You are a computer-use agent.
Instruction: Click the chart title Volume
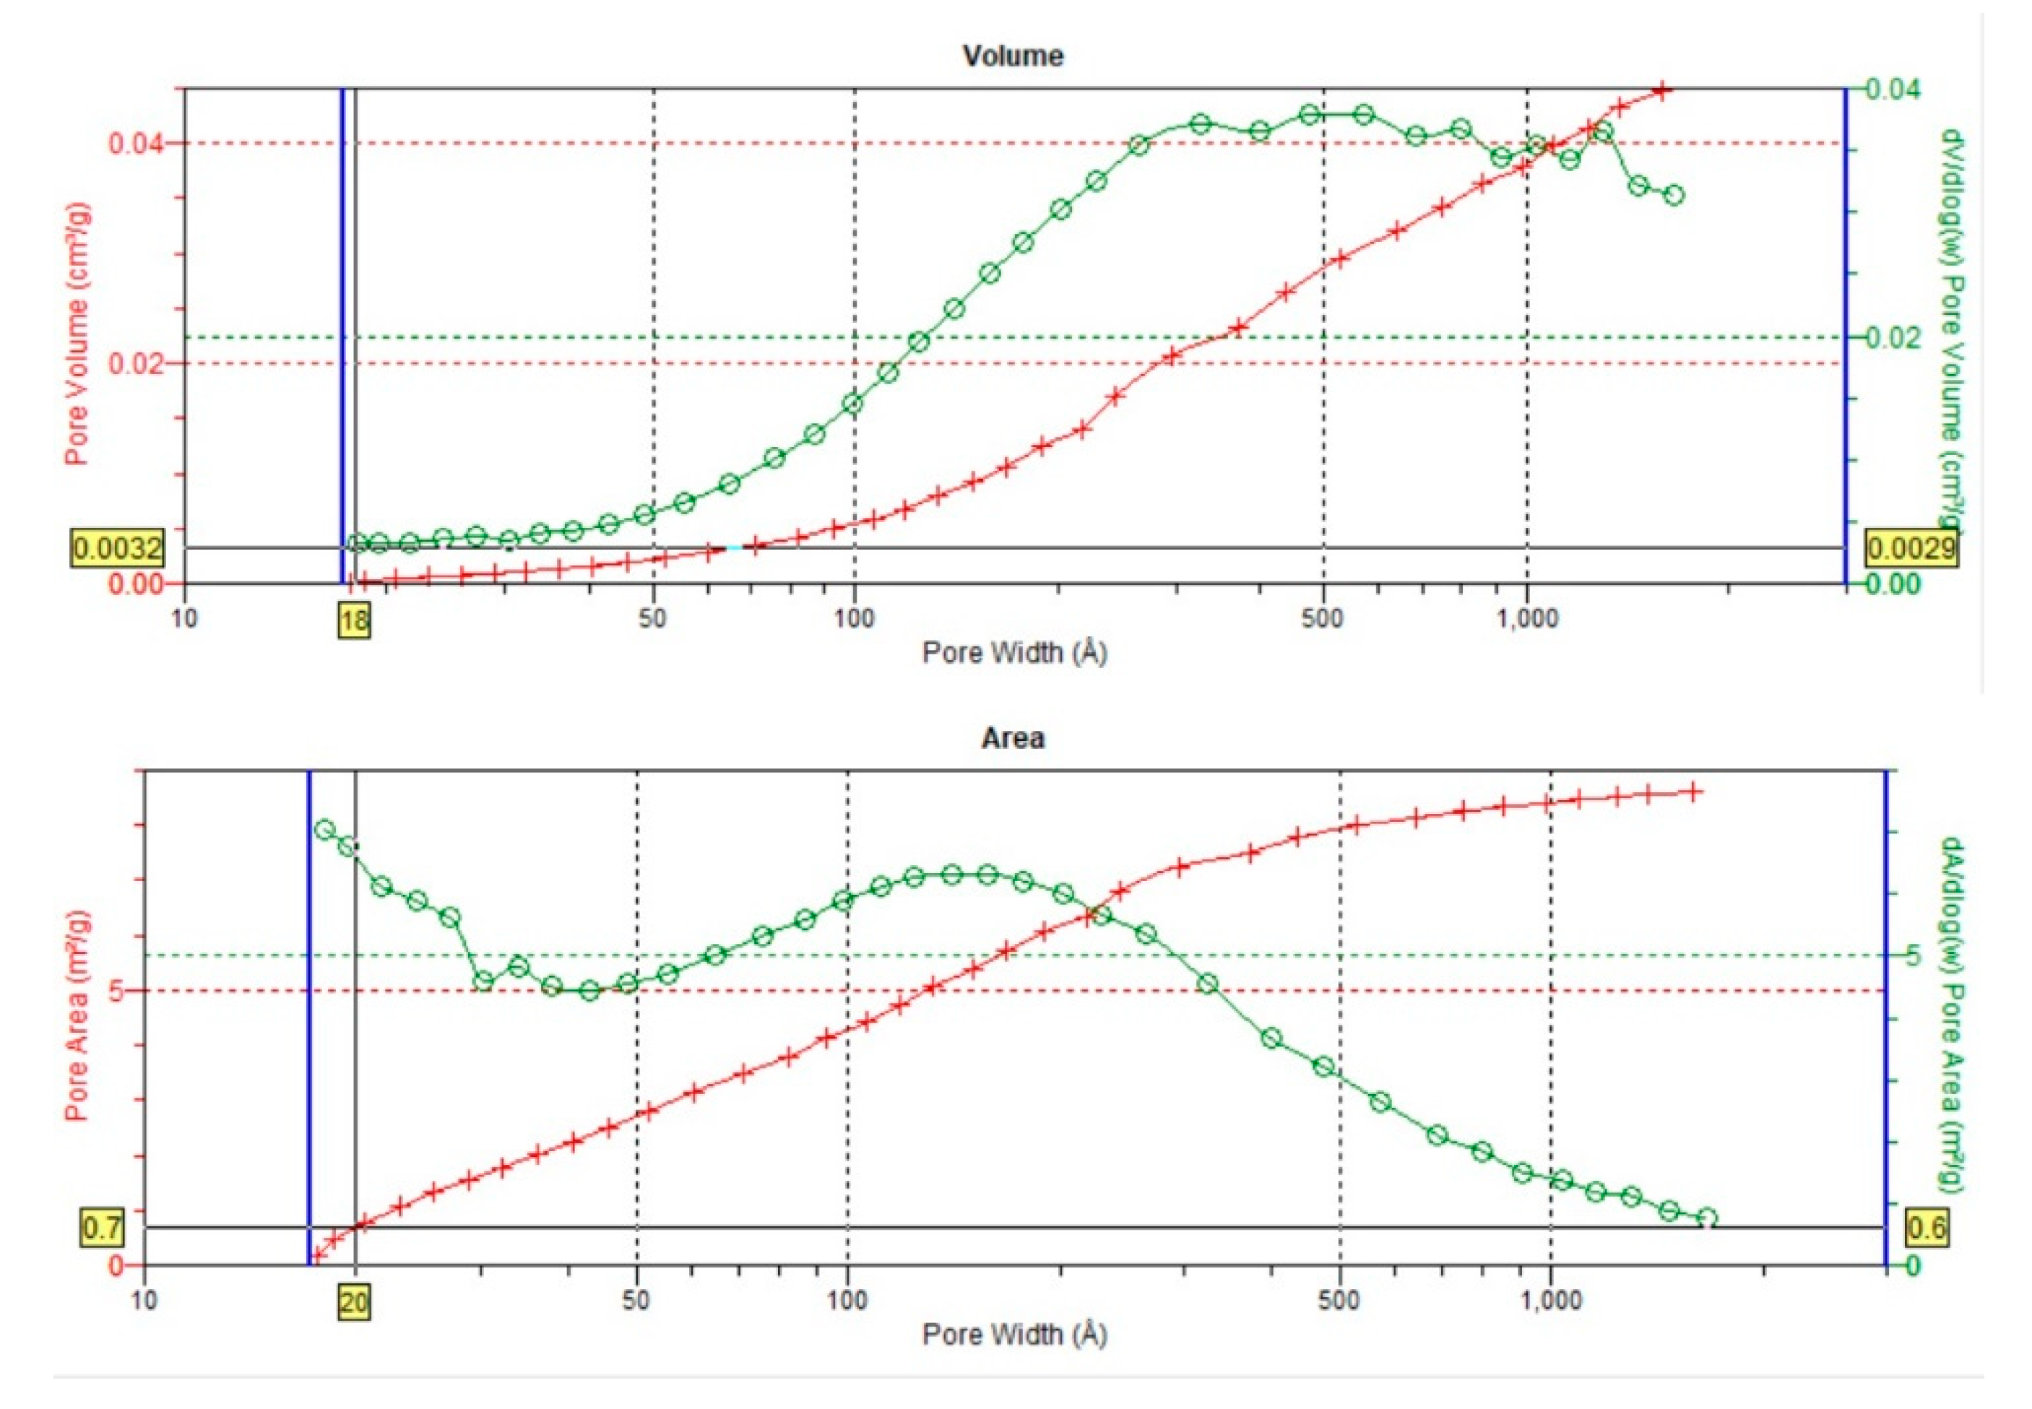coord(1012,56)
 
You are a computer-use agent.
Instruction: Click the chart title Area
coord(1012,737)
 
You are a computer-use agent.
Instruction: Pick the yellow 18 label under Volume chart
coord(354,620)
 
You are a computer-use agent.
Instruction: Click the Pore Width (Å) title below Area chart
coord(1013,1333)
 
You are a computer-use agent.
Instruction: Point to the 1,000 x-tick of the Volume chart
coord(1527,616)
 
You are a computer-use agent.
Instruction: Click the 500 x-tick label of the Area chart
coord(1340,1299)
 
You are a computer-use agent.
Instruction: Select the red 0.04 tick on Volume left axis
coord(134,143)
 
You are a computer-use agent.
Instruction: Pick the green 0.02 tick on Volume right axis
coord(1893,337)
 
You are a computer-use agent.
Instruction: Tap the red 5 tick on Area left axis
coord(114,991)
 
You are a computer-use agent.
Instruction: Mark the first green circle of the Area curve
coord(324,829)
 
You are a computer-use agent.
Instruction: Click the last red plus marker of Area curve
coord(1694,792)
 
